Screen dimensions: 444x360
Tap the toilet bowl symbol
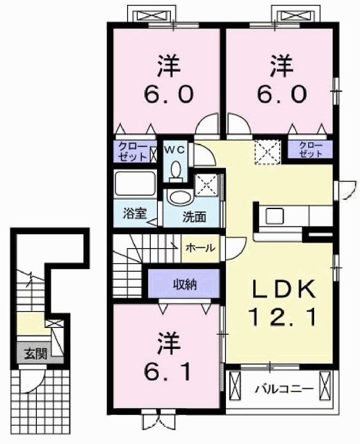point(175,169)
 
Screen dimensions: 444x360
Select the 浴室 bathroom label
point(134,213)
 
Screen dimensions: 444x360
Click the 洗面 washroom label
point(195,216)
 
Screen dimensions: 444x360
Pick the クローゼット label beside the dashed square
point(310,148)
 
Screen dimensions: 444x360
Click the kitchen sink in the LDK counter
point(272,215)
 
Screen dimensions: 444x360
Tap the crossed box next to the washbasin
point(207,186)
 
